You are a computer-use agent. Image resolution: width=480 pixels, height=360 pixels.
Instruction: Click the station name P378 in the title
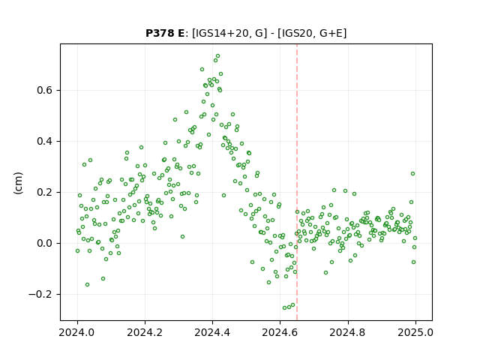click(160, 33)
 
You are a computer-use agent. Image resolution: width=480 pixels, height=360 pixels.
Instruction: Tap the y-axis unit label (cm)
click(18, 183)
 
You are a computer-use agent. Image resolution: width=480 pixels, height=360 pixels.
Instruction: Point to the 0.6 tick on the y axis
click(45, 90)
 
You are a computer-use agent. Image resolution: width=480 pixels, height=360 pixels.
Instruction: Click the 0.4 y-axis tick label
click(45, 142)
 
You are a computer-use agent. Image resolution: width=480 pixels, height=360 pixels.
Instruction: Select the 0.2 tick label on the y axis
click(45, 192)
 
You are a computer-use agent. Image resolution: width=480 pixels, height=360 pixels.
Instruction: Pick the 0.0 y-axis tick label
click(45, 243)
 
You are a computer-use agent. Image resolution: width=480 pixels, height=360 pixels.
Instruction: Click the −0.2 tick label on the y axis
click(40, 294)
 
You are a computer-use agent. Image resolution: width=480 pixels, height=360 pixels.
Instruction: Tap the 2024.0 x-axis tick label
click(78, 332)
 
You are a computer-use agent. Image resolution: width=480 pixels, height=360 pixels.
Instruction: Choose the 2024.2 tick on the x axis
click(145, 332)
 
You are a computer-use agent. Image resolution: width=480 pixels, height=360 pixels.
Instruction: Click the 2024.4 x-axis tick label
click(212, 332)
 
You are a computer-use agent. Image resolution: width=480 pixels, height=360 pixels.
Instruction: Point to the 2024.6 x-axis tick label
click(280, 332)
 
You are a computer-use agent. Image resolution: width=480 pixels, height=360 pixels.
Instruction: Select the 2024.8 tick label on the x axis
click(348, 332)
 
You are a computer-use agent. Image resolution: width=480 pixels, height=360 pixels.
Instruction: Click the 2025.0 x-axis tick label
click(415, 332)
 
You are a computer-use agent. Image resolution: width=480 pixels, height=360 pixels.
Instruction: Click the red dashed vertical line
click(297, 182)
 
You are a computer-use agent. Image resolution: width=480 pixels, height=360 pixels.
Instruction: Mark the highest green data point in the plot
click(218, 56)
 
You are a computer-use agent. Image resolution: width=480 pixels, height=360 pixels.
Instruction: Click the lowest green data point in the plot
click(285, 308)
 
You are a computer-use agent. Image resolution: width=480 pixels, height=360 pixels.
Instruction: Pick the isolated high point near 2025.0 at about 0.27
click(412, 173)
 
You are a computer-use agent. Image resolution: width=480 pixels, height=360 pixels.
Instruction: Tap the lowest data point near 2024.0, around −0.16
click(87, 285)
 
